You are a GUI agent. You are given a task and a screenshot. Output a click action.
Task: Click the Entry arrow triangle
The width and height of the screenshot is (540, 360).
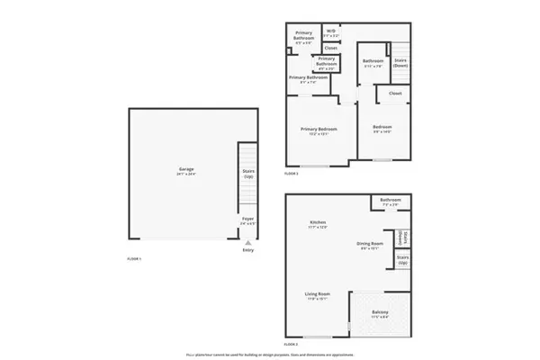[247, 241]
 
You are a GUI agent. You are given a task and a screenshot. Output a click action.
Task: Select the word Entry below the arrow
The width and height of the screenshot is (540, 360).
[247, 250]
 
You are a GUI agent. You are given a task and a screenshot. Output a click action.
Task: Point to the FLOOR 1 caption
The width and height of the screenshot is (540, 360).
[135, 259]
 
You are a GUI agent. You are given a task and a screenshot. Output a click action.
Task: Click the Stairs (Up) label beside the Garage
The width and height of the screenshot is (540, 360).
[247, 173]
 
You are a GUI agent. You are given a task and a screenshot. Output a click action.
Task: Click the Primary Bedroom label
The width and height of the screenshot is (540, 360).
[319, 130]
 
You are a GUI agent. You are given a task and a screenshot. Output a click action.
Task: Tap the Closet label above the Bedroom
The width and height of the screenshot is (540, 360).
[395, 94]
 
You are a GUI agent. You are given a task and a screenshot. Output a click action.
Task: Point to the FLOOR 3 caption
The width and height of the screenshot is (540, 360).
[292, 173]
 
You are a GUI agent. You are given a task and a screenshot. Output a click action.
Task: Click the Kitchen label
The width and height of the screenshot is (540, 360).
[318, 224]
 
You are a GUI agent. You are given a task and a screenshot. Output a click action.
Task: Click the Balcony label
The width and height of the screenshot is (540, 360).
[381, 314]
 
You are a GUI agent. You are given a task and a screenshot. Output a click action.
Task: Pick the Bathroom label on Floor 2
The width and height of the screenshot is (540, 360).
[390, 202]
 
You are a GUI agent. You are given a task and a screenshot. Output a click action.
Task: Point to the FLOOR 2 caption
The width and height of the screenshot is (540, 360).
[292, 344]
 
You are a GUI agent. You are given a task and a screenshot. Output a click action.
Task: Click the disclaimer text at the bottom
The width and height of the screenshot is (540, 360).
[270, 355]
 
